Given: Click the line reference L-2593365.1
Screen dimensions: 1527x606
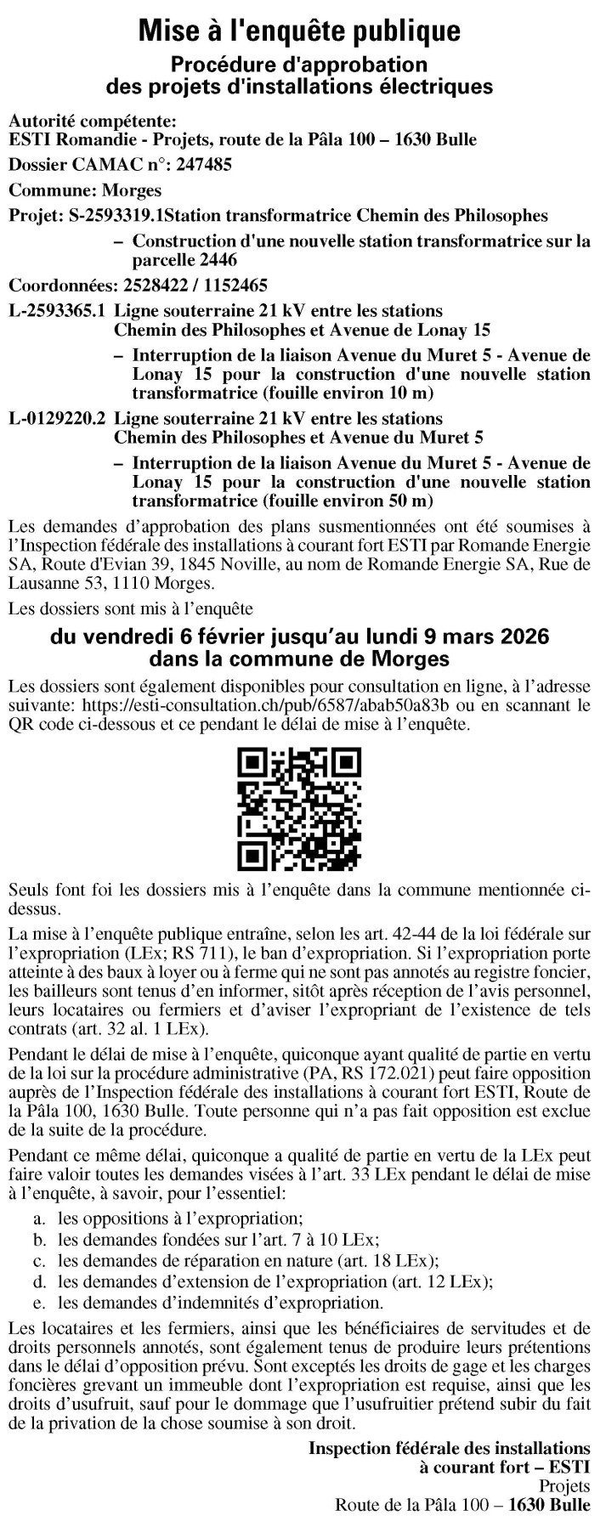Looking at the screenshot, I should point(56,310).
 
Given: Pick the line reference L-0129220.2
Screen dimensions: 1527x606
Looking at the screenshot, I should point(56,418).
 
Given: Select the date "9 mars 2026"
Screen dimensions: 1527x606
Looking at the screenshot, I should point(495,636).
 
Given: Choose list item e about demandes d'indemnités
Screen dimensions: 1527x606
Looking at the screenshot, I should point(220,1302).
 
